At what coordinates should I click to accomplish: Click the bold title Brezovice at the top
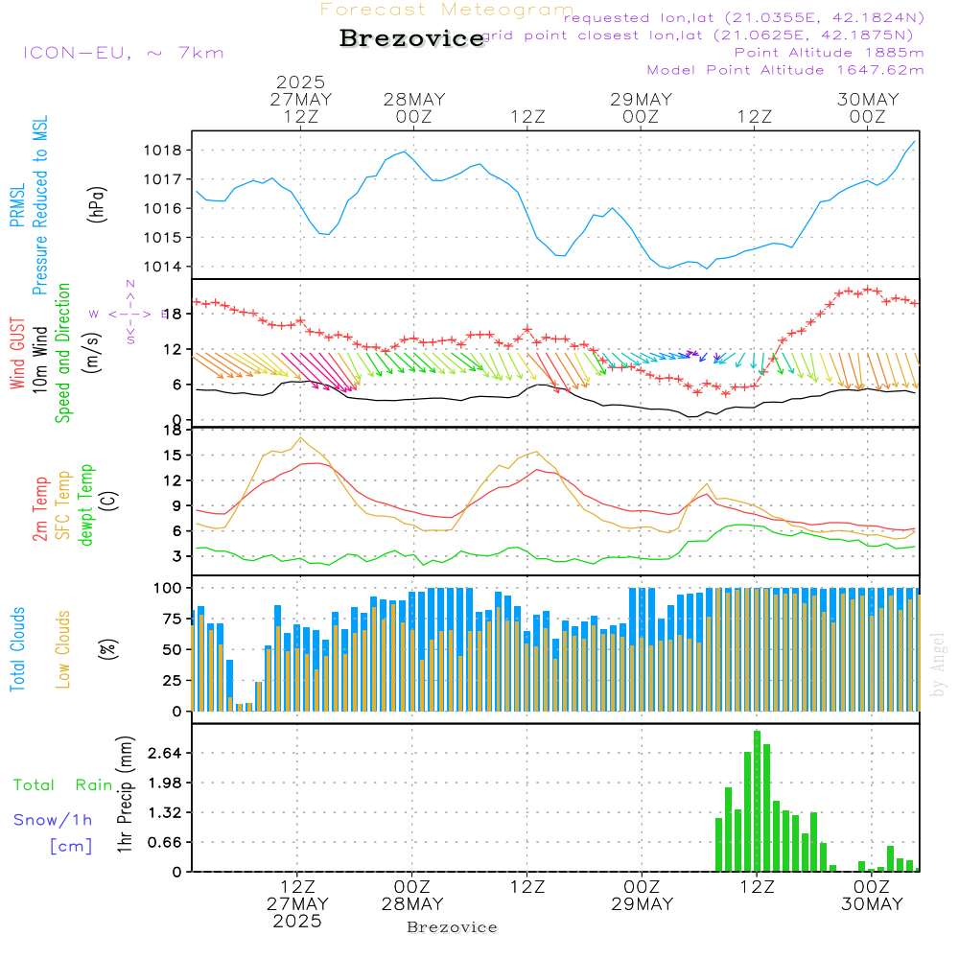coord(411,38)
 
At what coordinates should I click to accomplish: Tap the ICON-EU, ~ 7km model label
coord(123,53)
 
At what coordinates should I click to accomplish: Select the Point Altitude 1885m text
coord(829,52)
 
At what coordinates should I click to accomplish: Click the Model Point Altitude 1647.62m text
coord(785,70)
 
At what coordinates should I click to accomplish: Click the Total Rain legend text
coord(63,785)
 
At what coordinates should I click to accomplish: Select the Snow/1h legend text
coord(54,820)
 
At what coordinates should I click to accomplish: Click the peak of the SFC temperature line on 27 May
coord(301,437)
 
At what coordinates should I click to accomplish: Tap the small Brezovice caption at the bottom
coord(452,927)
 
